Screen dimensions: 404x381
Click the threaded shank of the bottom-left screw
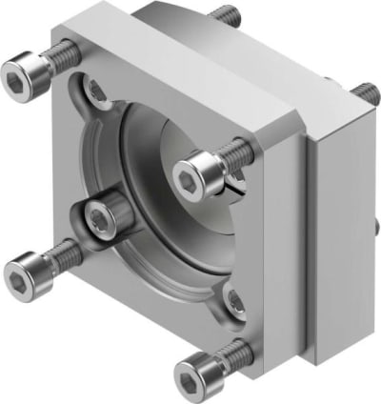tap(58, 253)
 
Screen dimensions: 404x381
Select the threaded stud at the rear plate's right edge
tap(363, 93)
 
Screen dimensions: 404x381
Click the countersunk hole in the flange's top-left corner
tap(96, 91)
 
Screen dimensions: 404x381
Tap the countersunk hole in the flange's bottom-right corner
tap(234, 303)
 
